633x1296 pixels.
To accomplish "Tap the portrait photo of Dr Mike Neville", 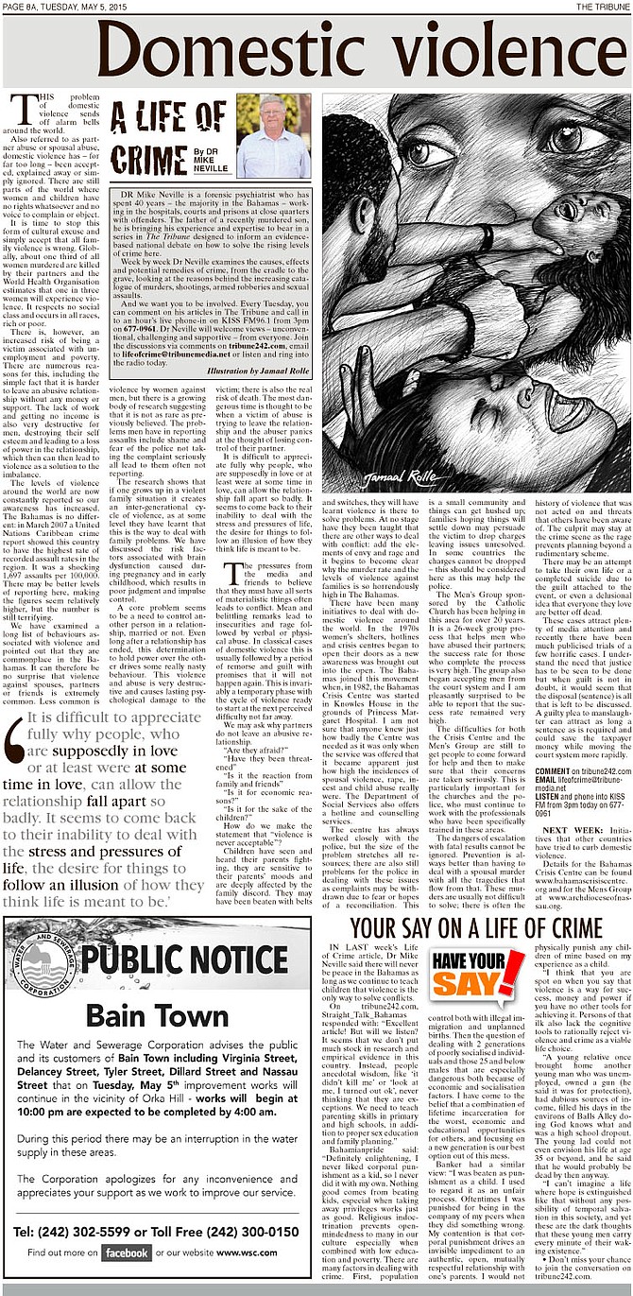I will point(273,136).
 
